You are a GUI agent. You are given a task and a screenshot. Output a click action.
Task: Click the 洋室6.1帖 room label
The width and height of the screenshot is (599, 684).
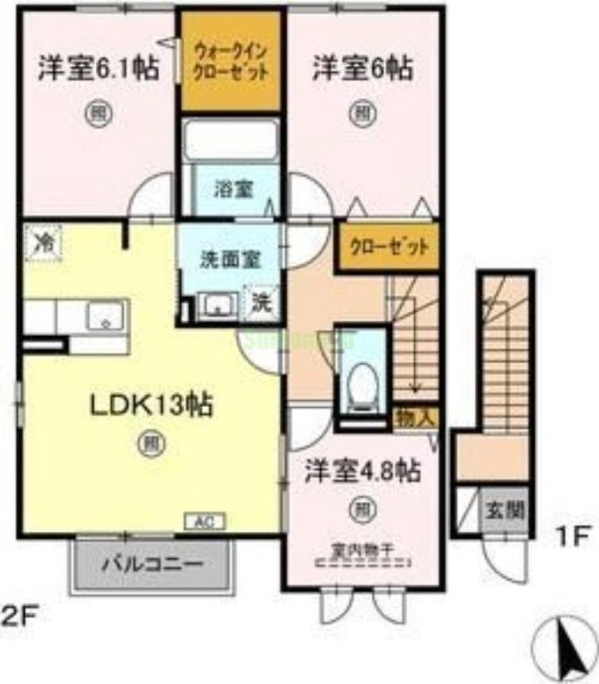pyautogui.click(x=97, y=68)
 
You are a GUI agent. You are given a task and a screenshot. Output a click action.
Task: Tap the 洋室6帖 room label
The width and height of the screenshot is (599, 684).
pyautogui.click(x=362, y=68)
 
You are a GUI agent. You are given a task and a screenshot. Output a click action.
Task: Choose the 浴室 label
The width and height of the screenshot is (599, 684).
pyautogui.click(x=233, y=189)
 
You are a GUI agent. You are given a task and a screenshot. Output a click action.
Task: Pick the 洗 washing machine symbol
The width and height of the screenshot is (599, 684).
pyautogui.click(x=262, y=304)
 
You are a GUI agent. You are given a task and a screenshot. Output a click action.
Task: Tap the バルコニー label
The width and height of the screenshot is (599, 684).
pyautogui.click(x=154, y=565)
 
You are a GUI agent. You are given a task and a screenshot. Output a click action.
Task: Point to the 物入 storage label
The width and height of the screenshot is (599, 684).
pyautogui.click(x=416, y=419)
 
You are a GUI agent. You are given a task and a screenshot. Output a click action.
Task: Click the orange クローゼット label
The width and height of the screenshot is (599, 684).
pyautogui.click(x=388, y=247)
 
